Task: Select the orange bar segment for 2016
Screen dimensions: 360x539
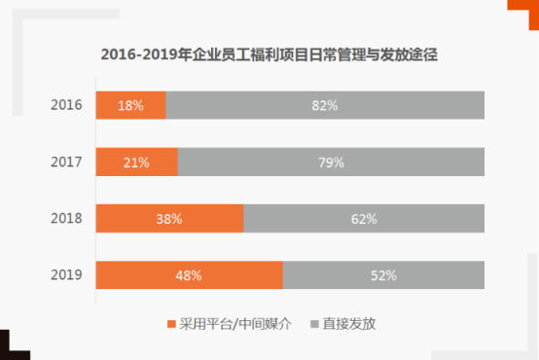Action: [130, 105]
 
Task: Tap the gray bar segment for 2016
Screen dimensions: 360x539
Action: [325, 105]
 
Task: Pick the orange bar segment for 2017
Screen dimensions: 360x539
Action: [136, 162]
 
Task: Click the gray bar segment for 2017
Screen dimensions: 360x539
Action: [331, 162]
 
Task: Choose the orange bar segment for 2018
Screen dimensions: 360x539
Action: [169, 219]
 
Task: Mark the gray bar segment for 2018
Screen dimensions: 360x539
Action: [364, 219]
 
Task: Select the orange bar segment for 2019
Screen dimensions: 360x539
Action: [189, 275]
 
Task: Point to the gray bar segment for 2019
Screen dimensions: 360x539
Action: [383, 275]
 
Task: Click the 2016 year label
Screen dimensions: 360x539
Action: [66, 105]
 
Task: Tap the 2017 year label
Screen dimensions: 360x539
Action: [66, 162]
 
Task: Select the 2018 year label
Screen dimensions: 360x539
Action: [66, 219]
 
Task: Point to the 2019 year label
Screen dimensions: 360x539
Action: [66, 275]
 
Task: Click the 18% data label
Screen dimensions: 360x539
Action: [129, 105]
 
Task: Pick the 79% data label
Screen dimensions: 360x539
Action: [332, 162]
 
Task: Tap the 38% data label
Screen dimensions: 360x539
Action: [169, 219]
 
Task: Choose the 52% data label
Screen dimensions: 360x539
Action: [383, 275]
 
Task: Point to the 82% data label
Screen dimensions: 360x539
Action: [325, 105]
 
